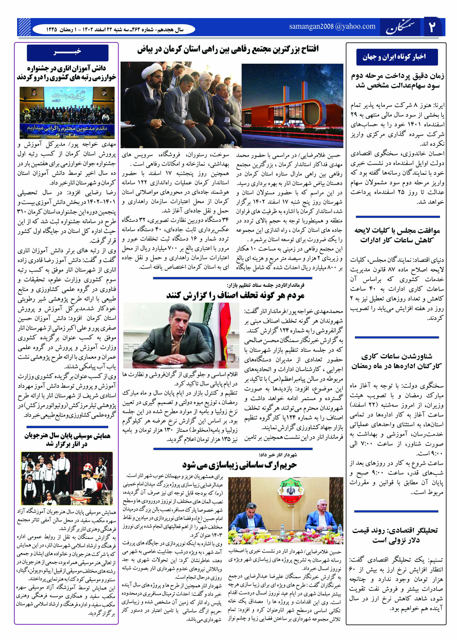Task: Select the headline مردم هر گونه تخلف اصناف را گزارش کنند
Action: [235, 295]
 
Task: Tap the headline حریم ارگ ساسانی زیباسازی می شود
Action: [239, 465]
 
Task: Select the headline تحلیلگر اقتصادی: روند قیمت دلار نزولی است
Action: [395, 535]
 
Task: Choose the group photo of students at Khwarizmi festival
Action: [67, 113]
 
